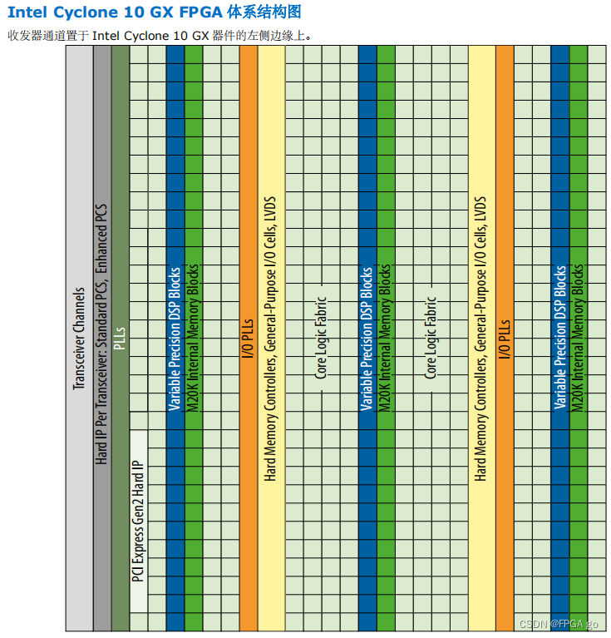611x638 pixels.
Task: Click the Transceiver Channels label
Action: point(80,339)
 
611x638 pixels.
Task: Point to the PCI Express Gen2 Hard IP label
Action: point(139,522)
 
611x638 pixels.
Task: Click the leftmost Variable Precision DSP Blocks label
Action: point(175,339)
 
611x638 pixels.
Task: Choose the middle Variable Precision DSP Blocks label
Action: point(367,339)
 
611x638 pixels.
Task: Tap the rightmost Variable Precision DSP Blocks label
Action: point(559,338)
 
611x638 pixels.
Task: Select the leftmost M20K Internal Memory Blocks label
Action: point(193,337)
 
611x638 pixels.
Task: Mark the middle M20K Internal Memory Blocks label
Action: point(385,337)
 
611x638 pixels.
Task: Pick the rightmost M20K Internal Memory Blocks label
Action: point(578,337)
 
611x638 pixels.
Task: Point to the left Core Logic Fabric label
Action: point(322,338)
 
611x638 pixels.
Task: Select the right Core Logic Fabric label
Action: point(431,338)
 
